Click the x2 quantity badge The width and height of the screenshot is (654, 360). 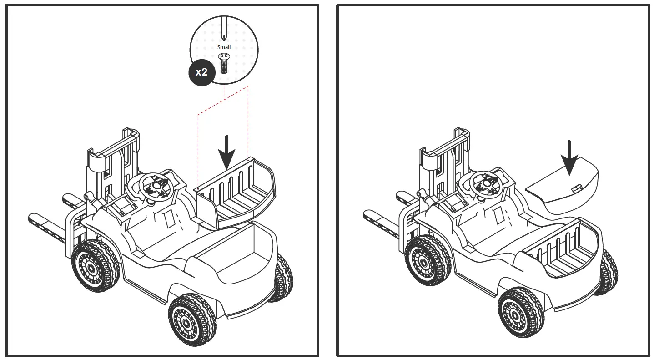click(x=201, y=72)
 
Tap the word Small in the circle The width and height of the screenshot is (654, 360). click(x=224, y=47)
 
